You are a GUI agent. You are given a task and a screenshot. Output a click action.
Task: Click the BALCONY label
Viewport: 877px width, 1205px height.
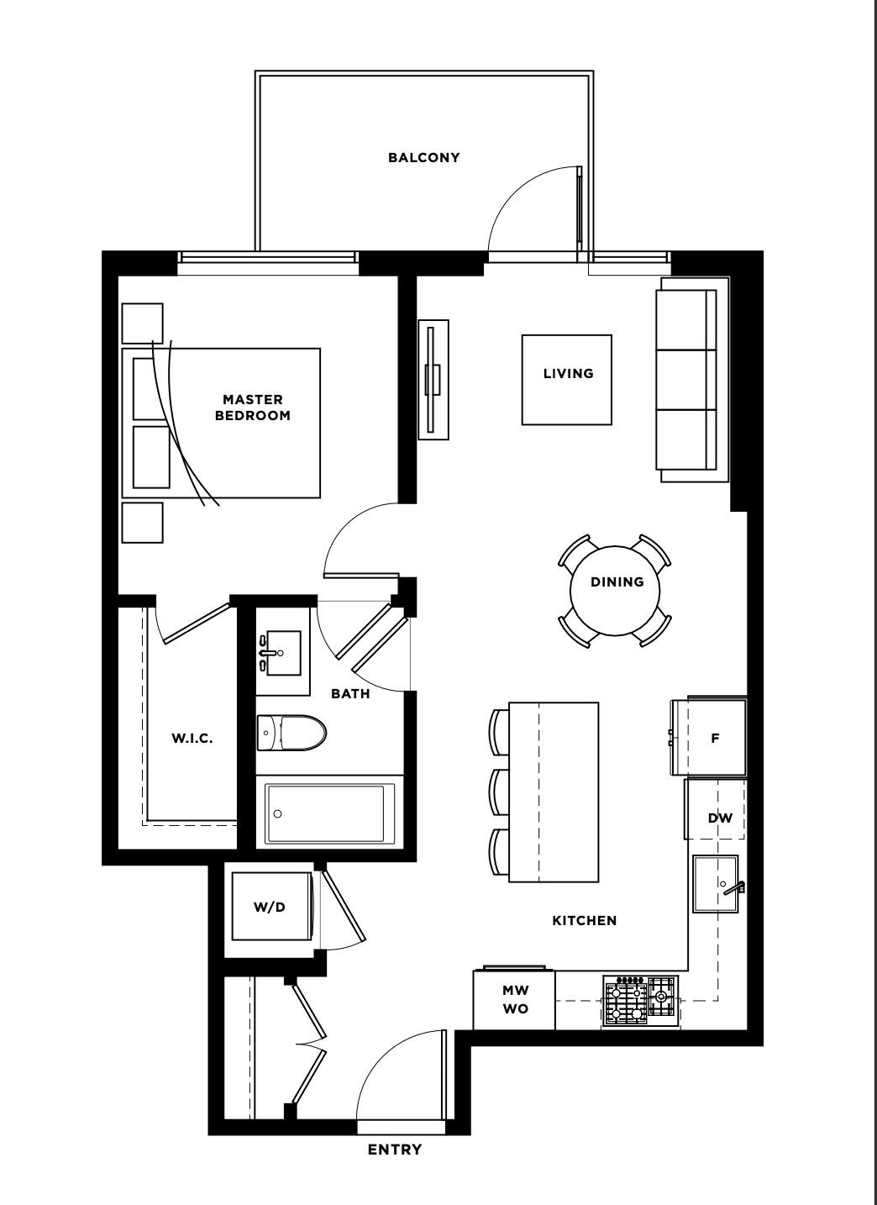pyautogui.click(x=423, y=157)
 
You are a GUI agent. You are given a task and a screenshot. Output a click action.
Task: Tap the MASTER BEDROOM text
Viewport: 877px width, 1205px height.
pyautogui.click(x=252, y=408)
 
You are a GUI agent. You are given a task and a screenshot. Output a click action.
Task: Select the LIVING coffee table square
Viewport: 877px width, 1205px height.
pyautogui.click(x=567, y=380)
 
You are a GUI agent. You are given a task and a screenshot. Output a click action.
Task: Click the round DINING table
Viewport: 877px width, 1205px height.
pyautogui.click(x=616, y=590)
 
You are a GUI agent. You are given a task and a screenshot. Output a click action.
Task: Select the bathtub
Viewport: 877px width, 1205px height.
pyautogui.click(x=329, y=813)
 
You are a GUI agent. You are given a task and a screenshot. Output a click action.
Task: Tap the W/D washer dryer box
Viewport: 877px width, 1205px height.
pyautogui.click(x=270, y=907)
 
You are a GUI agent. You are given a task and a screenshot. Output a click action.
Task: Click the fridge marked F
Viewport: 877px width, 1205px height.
pyautogui.click(x=715, y=738)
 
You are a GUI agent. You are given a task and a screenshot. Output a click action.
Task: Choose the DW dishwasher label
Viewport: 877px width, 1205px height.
pyautogui.click(x=719, y=818)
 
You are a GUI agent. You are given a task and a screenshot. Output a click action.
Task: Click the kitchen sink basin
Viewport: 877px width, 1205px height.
pyautogui.click(x=715, y=883)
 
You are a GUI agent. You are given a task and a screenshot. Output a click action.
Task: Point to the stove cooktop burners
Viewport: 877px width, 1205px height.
pyautogui.click(x=640, y=1000)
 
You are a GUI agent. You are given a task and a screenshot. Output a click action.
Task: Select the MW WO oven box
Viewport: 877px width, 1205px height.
pyautogui.click(x=515, y=1000)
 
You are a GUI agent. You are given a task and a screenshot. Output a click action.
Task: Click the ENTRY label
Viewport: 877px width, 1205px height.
pyautogui.click(x=394, y=1150)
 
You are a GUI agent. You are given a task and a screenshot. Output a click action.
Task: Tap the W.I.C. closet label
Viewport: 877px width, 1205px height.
pyautogui.click(x=192, y=739)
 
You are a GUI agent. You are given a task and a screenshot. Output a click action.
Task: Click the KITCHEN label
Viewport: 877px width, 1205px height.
pyautogui.click(x=584, y=921)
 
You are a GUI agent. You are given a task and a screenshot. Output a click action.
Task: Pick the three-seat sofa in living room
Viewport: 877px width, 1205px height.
pyautogui.click(x=686, y=380)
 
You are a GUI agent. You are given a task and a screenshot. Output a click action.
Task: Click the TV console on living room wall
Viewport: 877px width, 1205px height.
pyautogui.click(x=433, y=379)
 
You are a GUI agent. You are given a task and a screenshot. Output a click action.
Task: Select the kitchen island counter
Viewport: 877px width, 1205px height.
pyautogui.click(x=554, y=792)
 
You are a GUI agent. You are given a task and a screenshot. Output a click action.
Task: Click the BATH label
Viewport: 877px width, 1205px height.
pyautogui.click(x=349, y=693)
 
